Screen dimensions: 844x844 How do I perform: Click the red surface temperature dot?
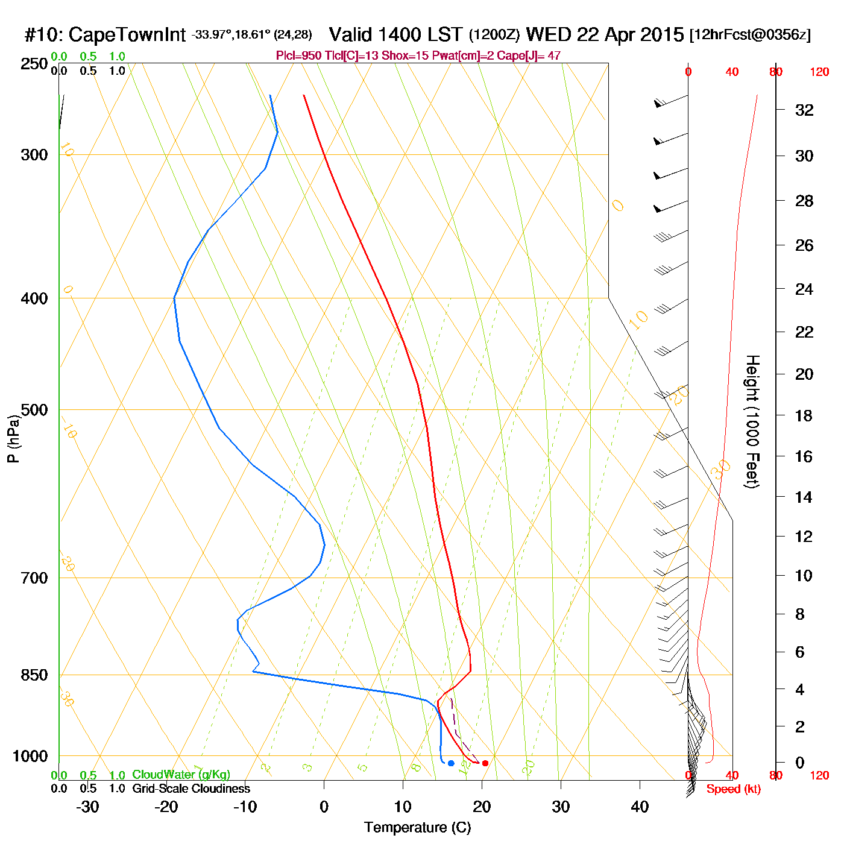[x=485, y=763]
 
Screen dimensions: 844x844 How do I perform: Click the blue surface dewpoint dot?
[x=451, y=763]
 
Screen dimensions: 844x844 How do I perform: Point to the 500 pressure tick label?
[x=34, y=410]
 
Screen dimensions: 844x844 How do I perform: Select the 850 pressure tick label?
[x=34, y=675]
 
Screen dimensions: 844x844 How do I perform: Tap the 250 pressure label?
[x=34, y=64]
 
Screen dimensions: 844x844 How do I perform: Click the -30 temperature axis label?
[x=87, y=807]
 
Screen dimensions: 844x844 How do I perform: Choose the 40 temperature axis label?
[x=640, y=807]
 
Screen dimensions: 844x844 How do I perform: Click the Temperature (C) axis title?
[x=417, y=828]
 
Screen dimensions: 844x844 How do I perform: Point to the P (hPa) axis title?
[x=13, y=439]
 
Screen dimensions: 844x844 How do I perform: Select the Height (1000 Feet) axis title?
[x=752, y=421]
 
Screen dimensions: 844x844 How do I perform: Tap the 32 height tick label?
[x=804, y=110]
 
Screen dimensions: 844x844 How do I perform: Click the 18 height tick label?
[x=804, y=415]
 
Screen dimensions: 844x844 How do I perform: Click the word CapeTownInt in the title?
[x=127, y=35]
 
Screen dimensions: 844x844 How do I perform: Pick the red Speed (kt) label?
[x=734, y=789]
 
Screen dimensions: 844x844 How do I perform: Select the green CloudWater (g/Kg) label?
[x=181, y=775]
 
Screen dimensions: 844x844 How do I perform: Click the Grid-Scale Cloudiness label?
[x=191, y=789]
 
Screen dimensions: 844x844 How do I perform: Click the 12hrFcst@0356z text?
[x=750, y=35]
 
